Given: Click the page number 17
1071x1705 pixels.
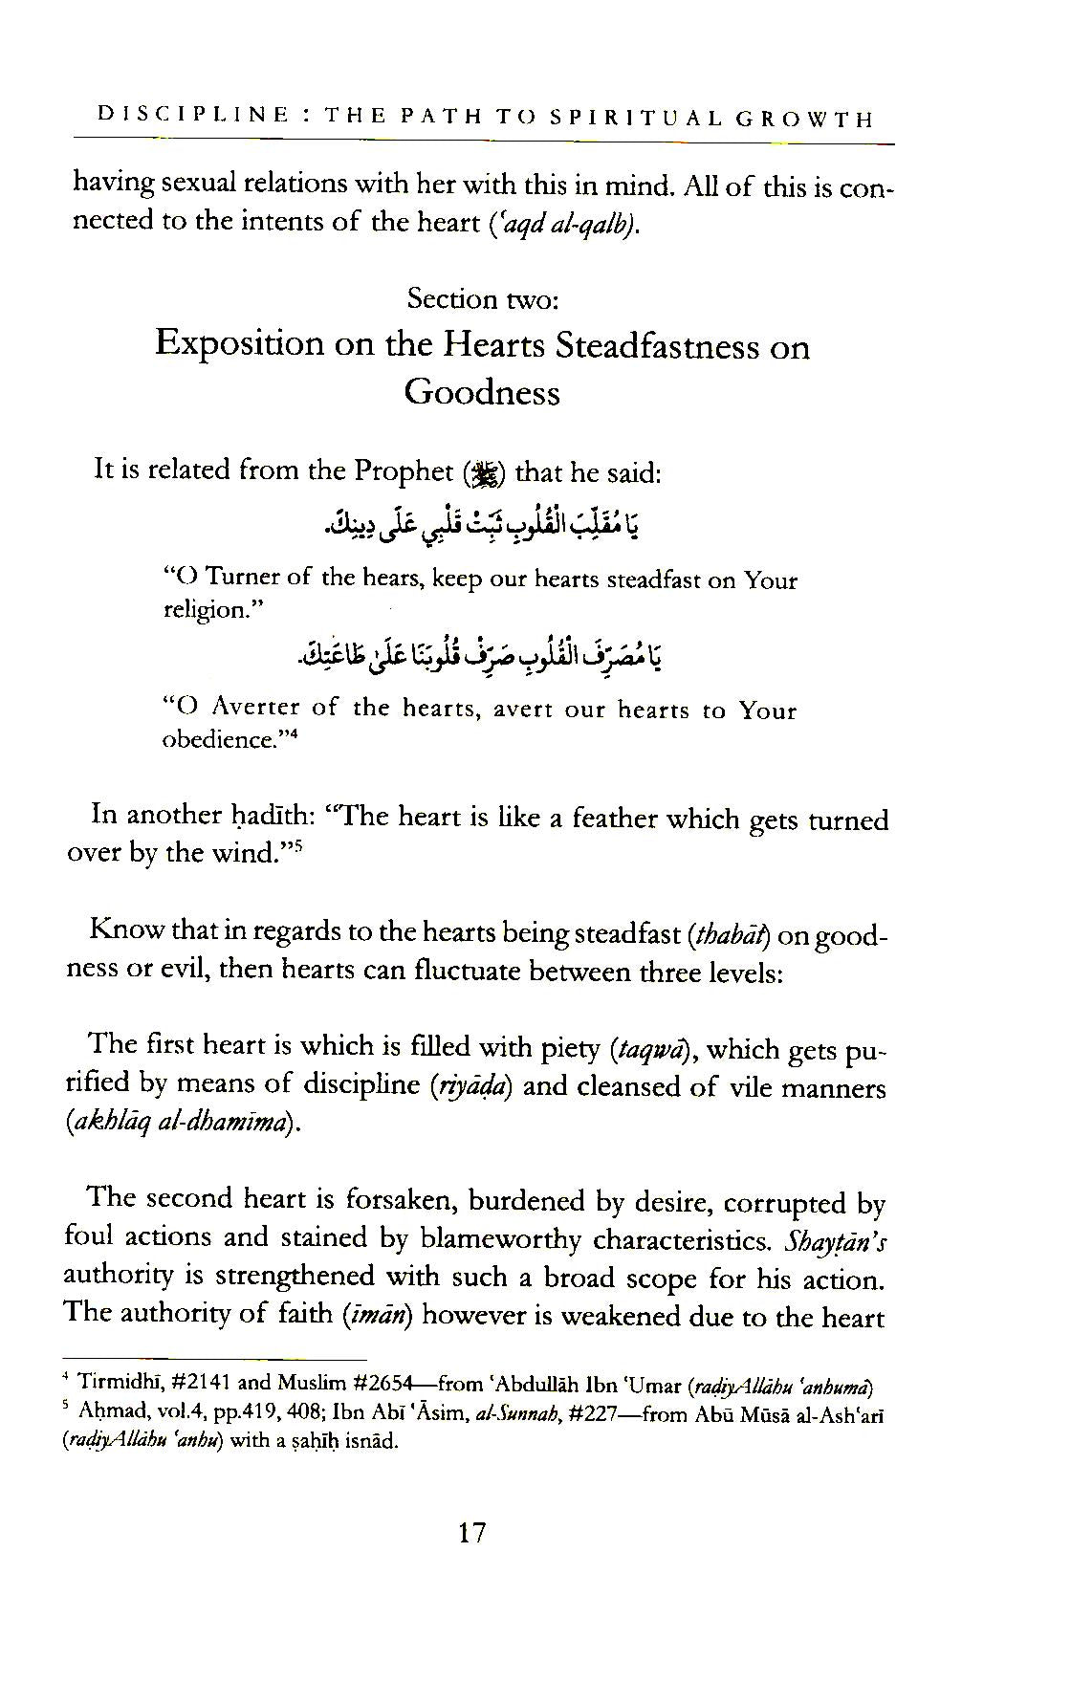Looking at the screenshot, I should pos(472,1534).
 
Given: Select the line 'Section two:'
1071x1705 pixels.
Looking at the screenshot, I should pos(482,298).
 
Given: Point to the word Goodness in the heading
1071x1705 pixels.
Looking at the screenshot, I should pos(482,392).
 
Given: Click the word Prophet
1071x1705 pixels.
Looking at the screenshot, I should pos(404,470).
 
